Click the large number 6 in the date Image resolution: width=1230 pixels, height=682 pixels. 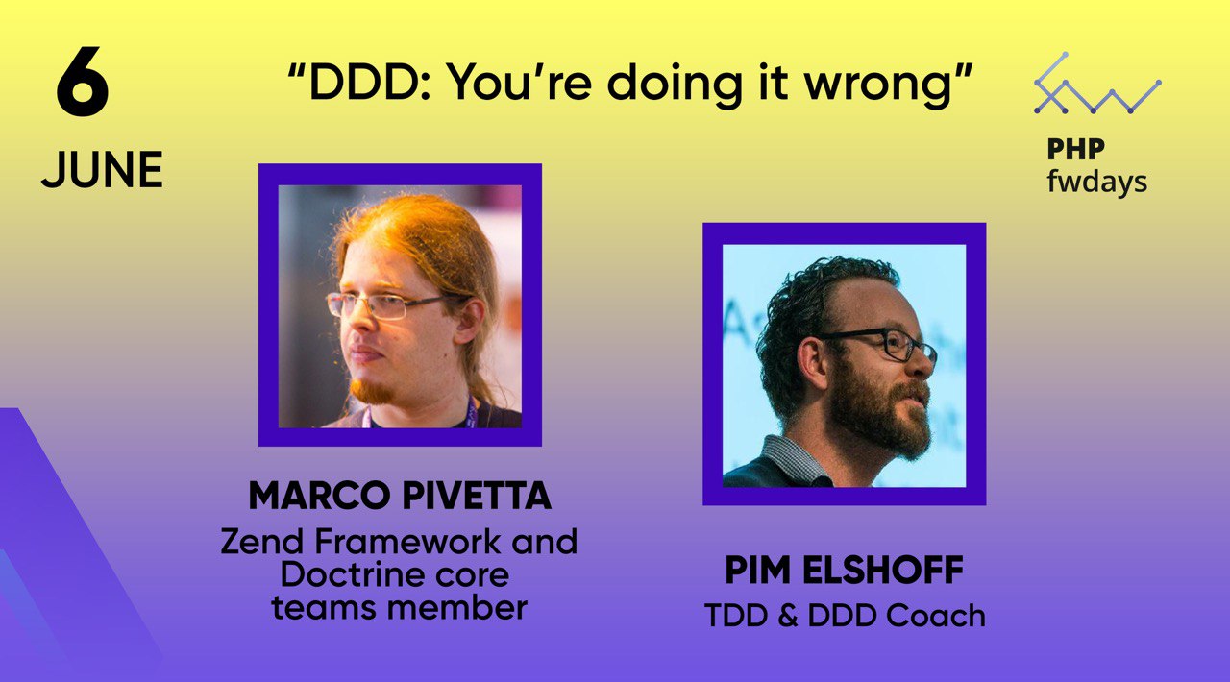pyautogui.click(x=83, y=82)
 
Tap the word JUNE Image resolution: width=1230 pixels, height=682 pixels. pyautogui.click(x=102, y=170)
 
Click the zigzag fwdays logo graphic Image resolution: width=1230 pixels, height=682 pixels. pyautogui.click(x=1097, y=84)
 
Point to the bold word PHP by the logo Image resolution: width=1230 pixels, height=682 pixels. pyautogui.click(x=1075, y=149)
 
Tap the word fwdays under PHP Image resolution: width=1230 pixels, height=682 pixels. pyautogui.click(x=1097, y=182)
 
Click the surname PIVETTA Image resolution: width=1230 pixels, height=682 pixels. pyautogui.click(x=477, y=496)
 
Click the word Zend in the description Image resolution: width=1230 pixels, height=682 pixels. pyautogui.click(x=262, y=542)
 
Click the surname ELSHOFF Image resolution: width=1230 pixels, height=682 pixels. pyautogui.click(x=883, y=570)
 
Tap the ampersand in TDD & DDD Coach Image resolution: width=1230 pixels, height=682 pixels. pyautogui.click(x=787, y=616)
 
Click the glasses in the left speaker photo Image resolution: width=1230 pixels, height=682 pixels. pyautogui.click(x=384, y=305)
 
